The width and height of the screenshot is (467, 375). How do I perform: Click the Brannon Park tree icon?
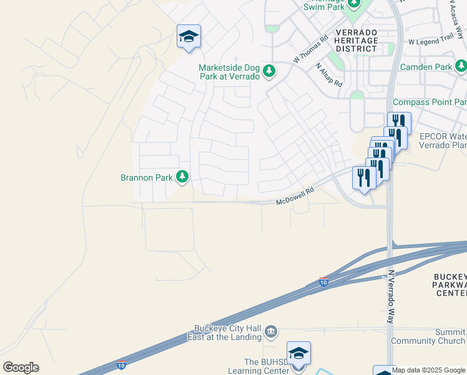[x=182, y=177]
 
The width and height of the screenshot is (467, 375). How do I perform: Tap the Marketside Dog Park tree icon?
[x=269, y=71]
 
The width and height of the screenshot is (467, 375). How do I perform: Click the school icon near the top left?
[x=188, y=36]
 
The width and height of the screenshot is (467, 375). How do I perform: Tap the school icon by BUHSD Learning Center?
[x=298, y=353]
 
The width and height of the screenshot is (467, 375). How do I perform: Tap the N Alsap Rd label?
[x=328, y=74]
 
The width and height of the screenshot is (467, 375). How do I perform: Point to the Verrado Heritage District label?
[x=356, y=40]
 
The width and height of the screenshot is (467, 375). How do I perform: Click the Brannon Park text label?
[x=146, y=177]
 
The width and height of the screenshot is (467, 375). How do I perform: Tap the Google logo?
[x=21, y=367]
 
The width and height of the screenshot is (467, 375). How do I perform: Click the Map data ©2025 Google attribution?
[x=428, y=370]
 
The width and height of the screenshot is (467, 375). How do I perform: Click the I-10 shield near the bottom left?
[x=121, y=364]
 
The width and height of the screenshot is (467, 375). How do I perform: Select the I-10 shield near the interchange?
[x=323, y=282]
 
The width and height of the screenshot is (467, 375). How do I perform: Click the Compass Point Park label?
[x=430, y=102]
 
